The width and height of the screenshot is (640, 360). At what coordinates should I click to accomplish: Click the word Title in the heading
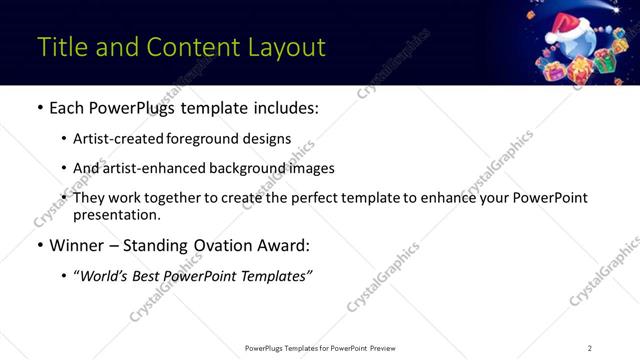click(62, 47)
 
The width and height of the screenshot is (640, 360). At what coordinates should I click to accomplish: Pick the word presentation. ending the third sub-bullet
click(116, 214)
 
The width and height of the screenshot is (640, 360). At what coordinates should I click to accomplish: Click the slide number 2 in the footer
click(589, 348)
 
